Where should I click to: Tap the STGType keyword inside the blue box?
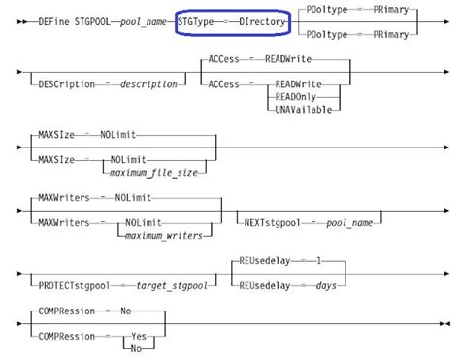[x=197, y=18]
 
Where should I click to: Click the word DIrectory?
[x=258, y=18]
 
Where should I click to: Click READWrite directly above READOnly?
[x=298, y=84]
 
